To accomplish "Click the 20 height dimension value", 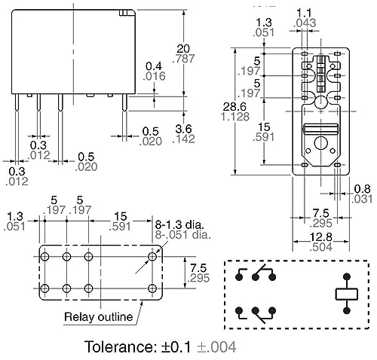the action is [183, 49].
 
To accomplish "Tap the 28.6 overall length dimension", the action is [234, 107].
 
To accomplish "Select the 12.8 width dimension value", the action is [321, 237].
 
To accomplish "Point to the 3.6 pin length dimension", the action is [183, 129].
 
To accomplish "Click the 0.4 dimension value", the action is [154, 66].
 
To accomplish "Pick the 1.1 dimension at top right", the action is [304, 13].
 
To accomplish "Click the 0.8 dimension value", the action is [362, 189].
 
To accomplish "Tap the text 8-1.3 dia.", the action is [179, 224].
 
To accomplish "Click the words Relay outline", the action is [98, 317].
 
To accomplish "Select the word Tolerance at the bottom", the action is [119, 346].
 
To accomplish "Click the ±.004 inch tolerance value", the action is [216, 347].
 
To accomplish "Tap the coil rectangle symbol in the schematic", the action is [347, 294].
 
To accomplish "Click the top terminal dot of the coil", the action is [347, 277].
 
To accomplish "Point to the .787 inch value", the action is [183, 59].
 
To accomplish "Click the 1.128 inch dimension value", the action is [235, 117].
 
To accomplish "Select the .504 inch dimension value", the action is [321, 247].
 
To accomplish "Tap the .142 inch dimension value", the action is [183, 139].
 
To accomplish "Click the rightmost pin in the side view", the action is [124, 103].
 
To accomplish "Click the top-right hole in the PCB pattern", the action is [152, 257].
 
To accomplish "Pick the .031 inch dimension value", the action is [362, 199].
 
